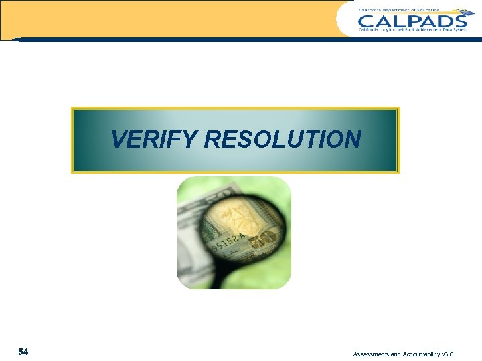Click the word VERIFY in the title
[155, 140]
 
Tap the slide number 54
[23, 352]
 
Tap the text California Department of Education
[399, 10]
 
